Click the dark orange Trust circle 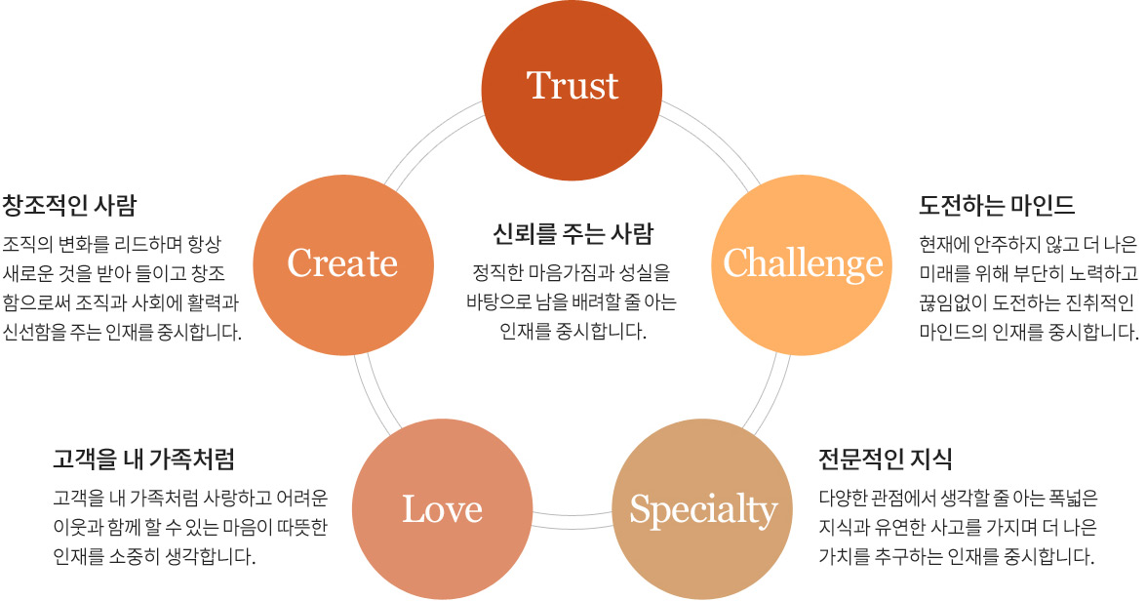point(573,85)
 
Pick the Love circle point(442,508)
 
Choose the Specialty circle point(703,508)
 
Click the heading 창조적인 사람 point(69,206)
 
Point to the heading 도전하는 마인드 point(996,206)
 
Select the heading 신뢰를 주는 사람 point(573,234)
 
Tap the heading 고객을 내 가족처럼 point(143,459)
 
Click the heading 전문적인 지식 point(886,459)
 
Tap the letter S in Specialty point(642,508)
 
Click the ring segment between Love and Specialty point(573,517)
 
